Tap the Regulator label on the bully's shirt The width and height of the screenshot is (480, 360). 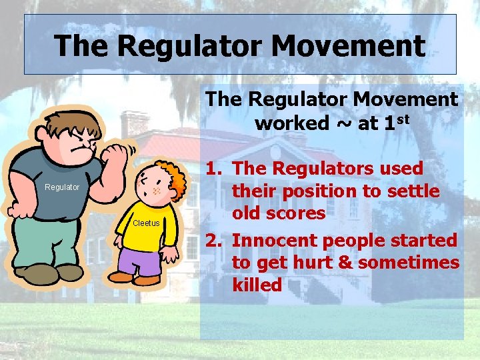click(x=62, y=187)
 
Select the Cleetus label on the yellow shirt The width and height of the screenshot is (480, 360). click(x=146, y=223)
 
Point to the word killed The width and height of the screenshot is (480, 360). click(x=257, y=285)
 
